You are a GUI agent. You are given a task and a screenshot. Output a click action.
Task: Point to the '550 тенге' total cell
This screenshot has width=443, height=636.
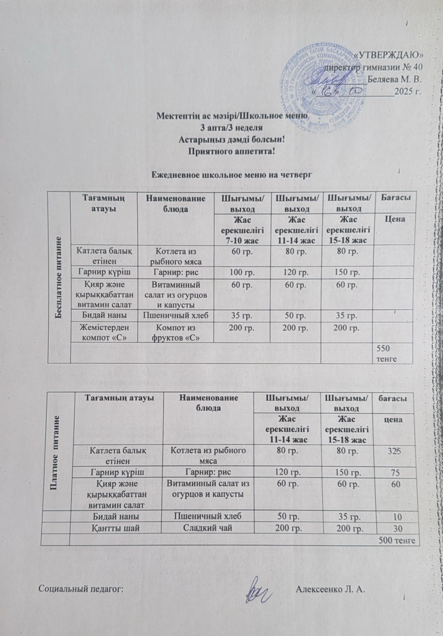click(x=387, y=352)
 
